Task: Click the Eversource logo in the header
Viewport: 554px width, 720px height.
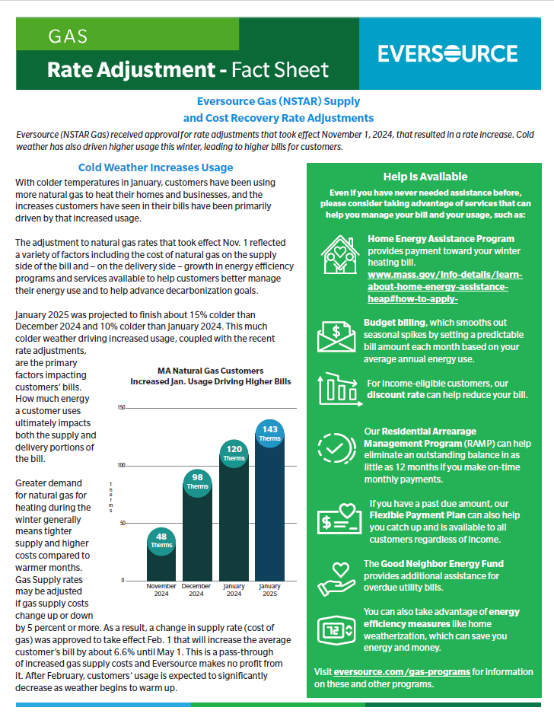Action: pos(447,54)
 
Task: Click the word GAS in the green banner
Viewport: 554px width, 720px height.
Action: pos(68,36)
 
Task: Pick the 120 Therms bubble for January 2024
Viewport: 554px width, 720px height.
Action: pos(234,452)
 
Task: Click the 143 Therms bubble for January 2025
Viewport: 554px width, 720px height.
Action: pos(270,432)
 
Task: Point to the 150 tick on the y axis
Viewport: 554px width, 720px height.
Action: pos(121,408)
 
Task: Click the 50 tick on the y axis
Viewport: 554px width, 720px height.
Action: pos(123,523)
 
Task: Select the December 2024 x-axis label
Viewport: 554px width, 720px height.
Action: pos(197,590)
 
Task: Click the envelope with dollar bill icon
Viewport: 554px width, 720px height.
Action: pos(338,335)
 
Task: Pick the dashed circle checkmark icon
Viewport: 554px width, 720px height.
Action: pos(335,448)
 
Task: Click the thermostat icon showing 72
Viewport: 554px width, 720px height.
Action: pos(336,630)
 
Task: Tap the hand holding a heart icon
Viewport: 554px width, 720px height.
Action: pos(336,577)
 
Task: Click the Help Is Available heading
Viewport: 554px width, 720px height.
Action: pos(425,177)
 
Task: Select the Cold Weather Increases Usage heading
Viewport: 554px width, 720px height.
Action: pos(155,167)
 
